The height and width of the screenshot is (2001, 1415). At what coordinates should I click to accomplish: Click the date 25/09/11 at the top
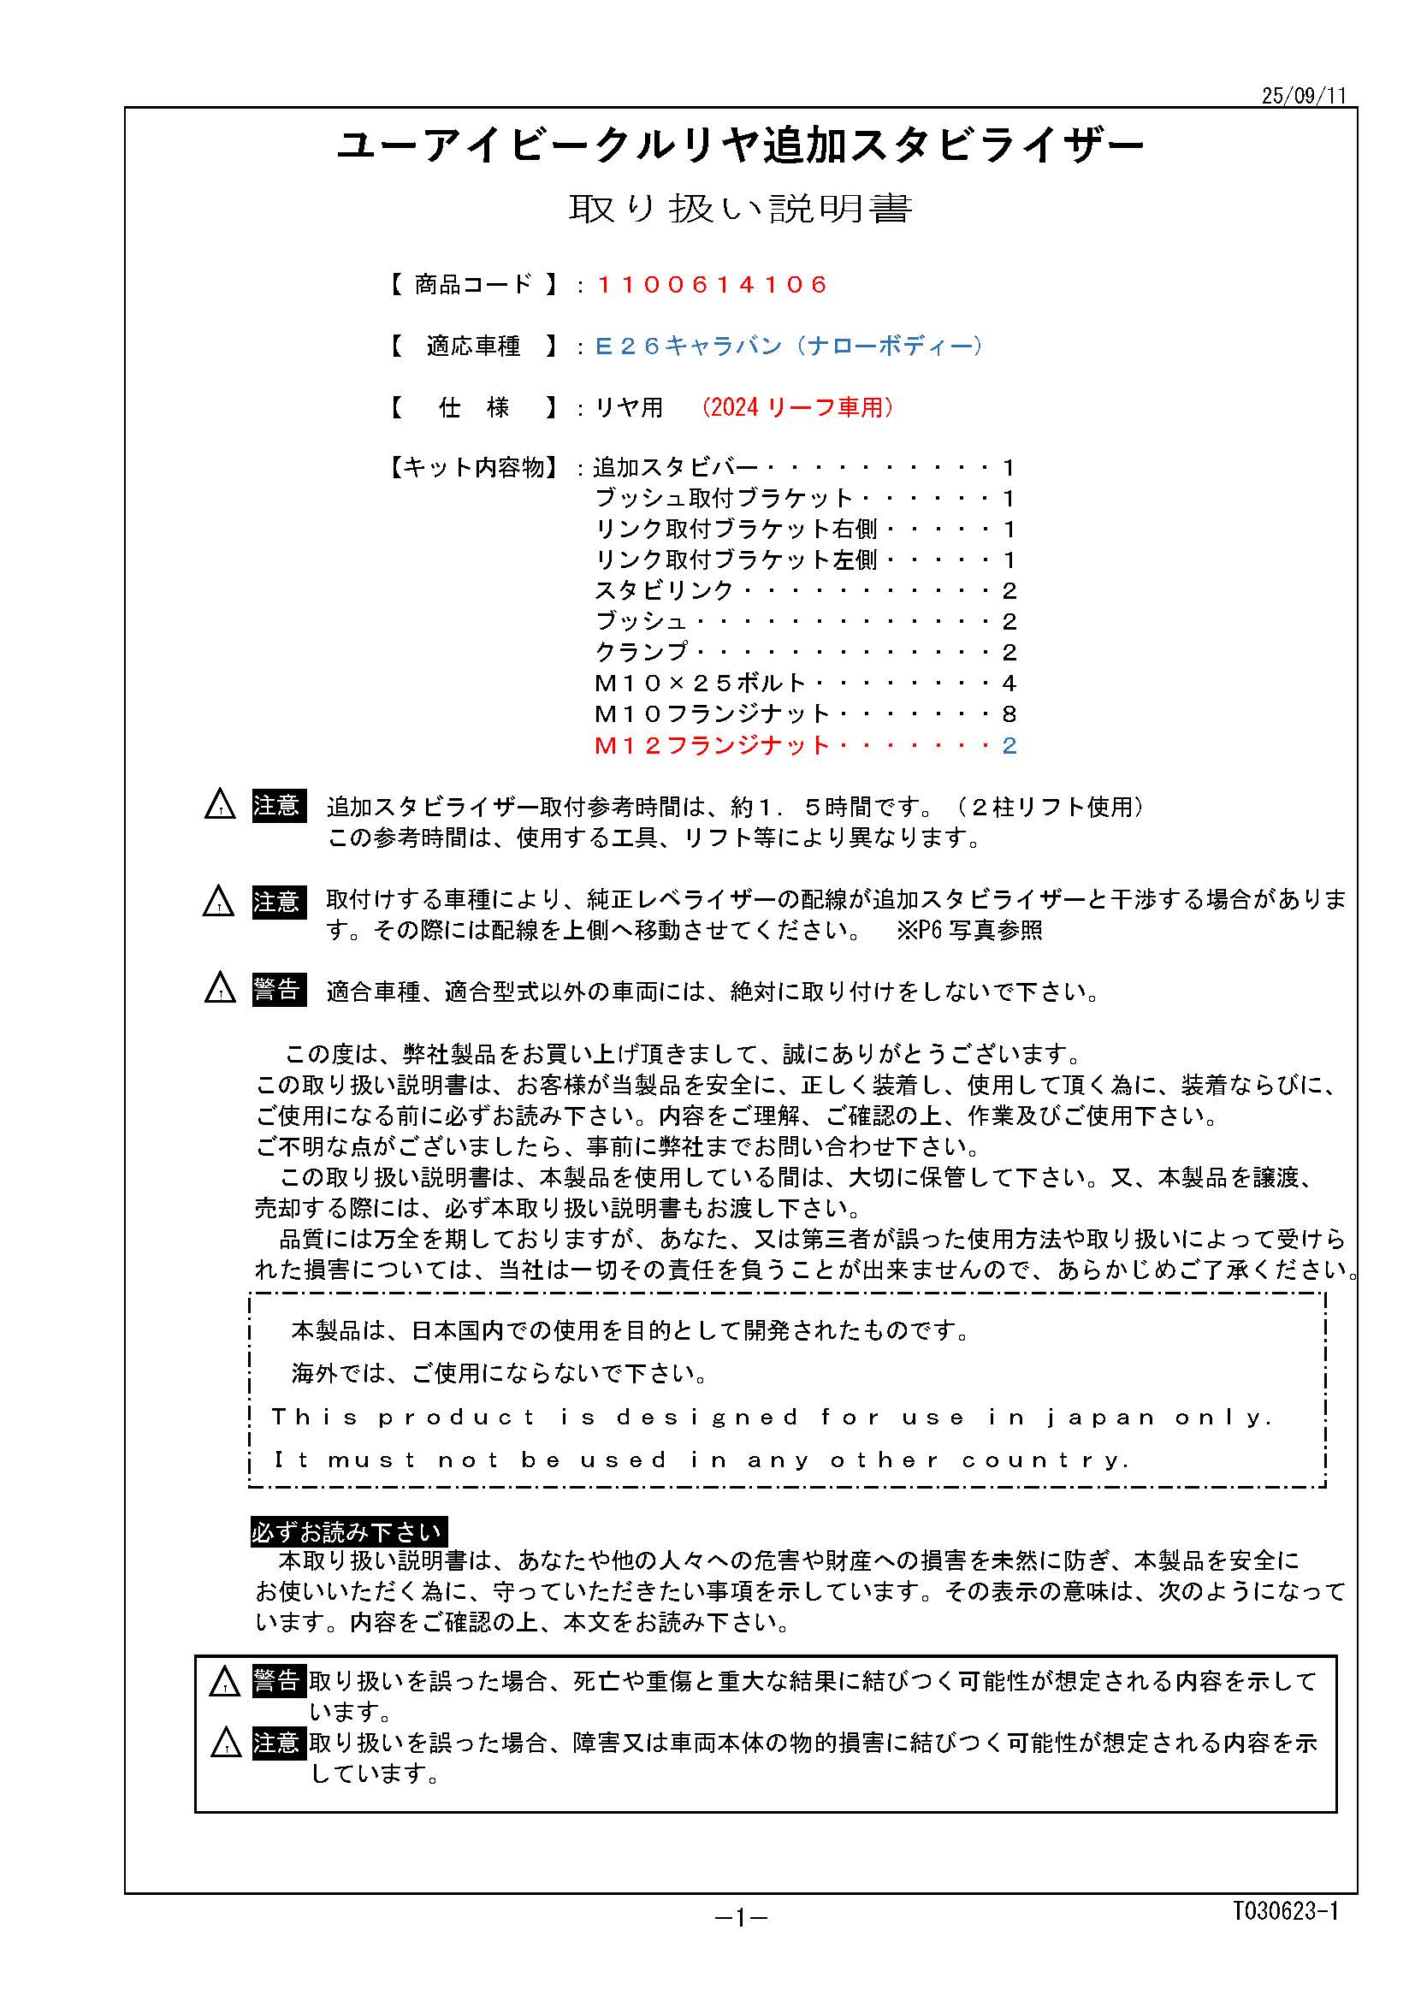coord(1304,96)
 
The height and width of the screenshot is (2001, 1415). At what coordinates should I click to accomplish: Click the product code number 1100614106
coord(712,285)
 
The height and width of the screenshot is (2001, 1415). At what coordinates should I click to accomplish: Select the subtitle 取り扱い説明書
coord(740,209)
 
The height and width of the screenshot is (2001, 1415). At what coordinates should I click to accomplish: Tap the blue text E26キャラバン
coord(689,346)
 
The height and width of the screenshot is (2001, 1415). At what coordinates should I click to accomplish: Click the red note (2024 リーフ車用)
coord(797,407)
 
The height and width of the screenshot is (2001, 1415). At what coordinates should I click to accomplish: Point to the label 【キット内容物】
coord(471,468)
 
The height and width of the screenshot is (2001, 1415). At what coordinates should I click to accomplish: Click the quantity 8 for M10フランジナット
coord(1009,714)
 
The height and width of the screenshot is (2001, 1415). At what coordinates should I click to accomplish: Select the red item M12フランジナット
coord(711,745)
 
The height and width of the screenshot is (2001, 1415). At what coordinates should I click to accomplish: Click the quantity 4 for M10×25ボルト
coord(1009,684)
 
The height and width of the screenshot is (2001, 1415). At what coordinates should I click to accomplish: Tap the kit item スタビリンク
coord(664,591)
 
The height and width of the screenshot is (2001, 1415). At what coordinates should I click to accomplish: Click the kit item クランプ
coord(641,652)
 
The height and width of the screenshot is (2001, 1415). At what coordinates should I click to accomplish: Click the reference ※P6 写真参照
coord(969,931)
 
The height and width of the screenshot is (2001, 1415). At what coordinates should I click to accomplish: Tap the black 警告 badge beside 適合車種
coord(279,990)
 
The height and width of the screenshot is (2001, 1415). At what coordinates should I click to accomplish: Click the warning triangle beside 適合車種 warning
coord(220,989)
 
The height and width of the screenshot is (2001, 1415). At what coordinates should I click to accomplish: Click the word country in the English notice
coord(1045,1459)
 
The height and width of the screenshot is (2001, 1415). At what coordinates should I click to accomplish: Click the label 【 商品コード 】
coord(473,285)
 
